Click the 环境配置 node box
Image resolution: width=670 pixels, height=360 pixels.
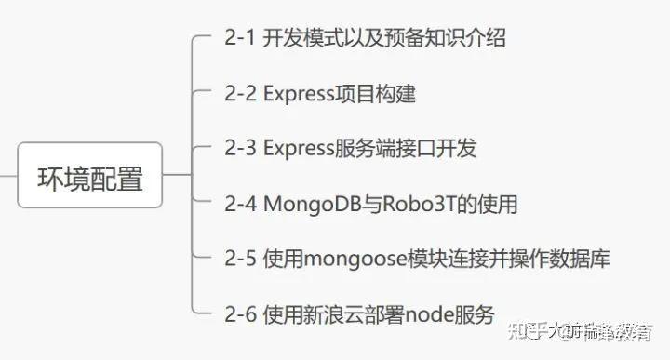(x=90, y=178)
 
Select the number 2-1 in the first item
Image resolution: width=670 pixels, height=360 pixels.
(x=239, y=39)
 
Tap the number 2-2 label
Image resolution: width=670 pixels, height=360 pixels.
(x=240, y=94)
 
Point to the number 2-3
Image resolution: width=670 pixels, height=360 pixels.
(x=240, y=148)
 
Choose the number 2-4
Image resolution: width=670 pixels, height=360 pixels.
(x=240, y=203)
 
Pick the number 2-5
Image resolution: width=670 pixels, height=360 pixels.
(x=240, y=258)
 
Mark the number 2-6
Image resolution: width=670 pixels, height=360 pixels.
(x=240, y=313)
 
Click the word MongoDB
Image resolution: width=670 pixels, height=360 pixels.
(x=310, y=203)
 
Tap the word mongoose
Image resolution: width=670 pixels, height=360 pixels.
(x=353, y=258)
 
